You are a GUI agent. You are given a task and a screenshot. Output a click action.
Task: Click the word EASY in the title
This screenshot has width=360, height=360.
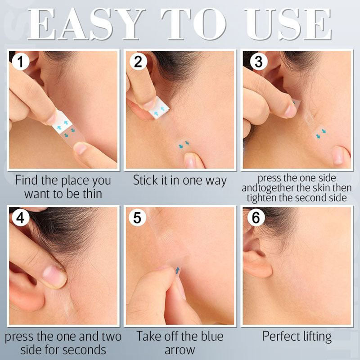[85, 24]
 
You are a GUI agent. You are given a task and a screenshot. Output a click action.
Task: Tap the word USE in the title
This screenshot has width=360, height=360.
[288, 24]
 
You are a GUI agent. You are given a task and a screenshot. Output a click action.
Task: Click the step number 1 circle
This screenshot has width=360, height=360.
[21, 62]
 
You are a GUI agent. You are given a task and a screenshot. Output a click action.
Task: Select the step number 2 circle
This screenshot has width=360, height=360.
[138, 62]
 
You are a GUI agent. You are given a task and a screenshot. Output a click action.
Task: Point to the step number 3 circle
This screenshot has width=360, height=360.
[258, 62]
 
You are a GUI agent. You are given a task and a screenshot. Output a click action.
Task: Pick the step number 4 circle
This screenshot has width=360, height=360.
[20, 218]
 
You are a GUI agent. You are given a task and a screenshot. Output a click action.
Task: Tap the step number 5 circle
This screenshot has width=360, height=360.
[137, 218]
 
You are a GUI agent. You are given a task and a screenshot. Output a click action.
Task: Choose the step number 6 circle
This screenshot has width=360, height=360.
[256, 217]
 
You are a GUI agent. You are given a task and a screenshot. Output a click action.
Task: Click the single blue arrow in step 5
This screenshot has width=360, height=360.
[177, 270]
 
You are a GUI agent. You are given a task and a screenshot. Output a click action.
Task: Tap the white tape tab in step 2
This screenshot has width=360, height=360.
[159, 108]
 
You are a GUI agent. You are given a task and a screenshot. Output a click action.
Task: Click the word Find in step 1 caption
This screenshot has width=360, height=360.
[26, 180]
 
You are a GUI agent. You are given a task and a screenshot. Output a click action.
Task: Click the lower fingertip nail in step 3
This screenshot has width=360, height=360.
[338, 155]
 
